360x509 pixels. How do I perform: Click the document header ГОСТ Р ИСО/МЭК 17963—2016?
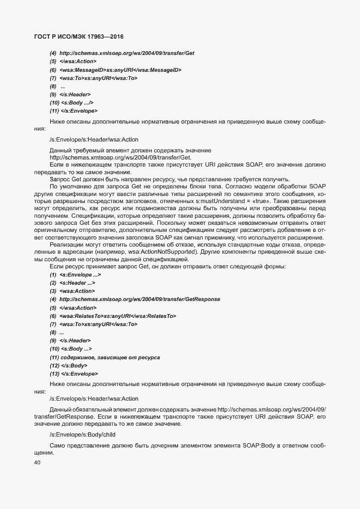click(x=76, y=36)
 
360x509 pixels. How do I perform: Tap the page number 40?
click(x=38, y=462)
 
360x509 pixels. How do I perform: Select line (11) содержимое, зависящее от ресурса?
click(x=105, y=357)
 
